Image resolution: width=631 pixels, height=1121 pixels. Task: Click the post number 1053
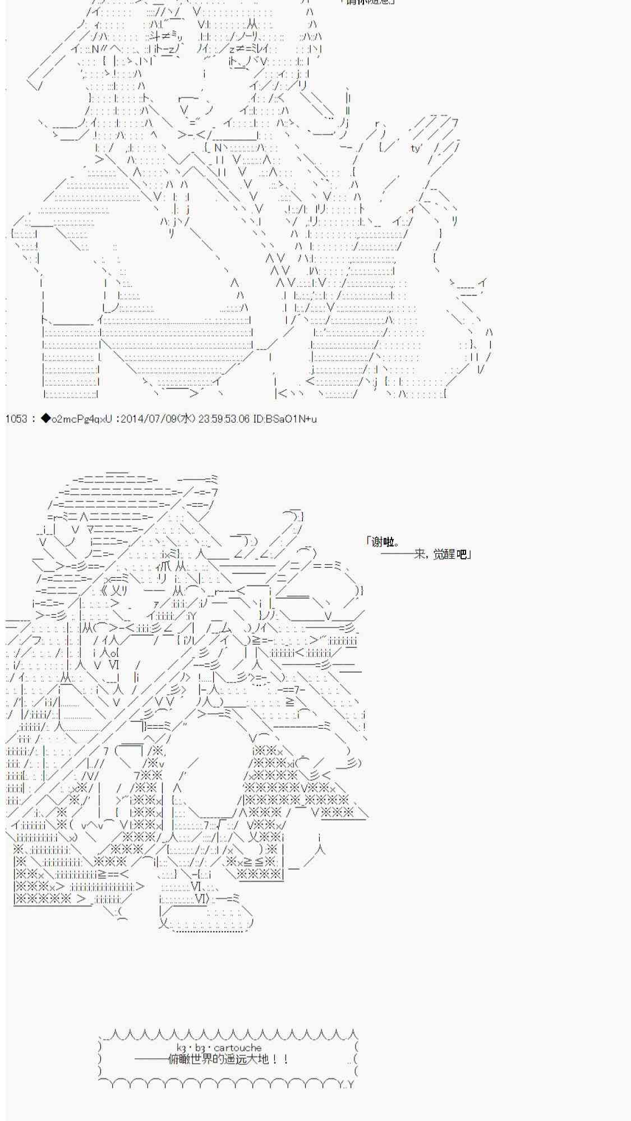click(x=16, y=419)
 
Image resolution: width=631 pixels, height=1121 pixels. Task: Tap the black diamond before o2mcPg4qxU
click(x=45, y=419)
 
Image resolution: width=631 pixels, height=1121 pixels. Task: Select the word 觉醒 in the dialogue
click(x=445, y=555)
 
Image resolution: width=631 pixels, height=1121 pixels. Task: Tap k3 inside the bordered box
click(x=181, y=1048)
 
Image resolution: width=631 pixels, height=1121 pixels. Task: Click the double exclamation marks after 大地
click(x=280, y=1059)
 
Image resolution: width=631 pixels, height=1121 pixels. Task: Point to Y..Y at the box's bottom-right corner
click(x=347, y=1085)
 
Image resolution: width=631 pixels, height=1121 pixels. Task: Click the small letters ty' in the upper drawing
click(x=416, y=149)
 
